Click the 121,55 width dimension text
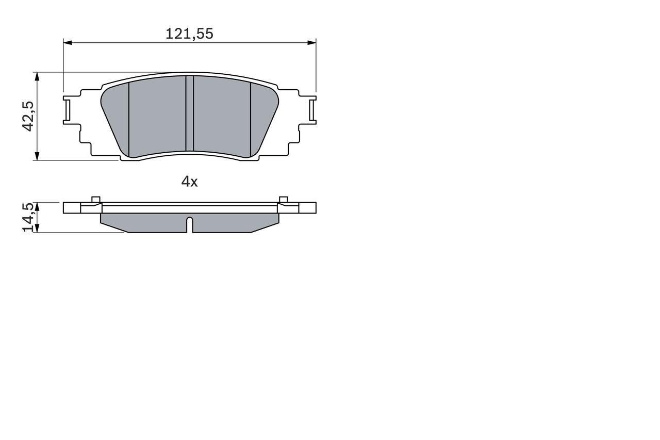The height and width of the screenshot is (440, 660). pos(189,34)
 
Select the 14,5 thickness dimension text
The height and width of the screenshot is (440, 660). pos(28,217)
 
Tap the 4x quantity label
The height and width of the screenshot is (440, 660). pos(189,182)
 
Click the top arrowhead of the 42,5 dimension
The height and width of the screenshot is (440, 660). pos(37,76)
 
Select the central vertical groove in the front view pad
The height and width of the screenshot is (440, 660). pos(189,113)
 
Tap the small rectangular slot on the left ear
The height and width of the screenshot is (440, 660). pos(67,109)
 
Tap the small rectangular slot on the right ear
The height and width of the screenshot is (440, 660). pos(312,109)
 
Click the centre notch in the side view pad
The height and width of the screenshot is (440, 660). pos(189,224)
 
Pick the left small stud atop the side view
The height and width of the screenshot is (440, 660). pos(95,200)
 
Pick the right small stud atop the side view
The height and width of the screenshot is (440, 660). pos(283,200)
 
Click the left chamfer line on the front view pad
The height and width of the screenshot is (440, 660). pos(128,119)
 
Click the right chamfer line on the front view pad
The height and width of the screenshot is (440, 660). pos(251,119)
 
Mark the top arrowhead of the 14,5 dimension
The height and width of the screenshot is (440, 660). pos(37,205)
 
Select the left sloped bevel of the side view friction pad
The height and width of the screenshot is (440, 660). pos(114,227)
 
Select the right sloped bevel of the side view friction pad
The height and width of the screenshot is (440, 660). pos(265,227)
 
